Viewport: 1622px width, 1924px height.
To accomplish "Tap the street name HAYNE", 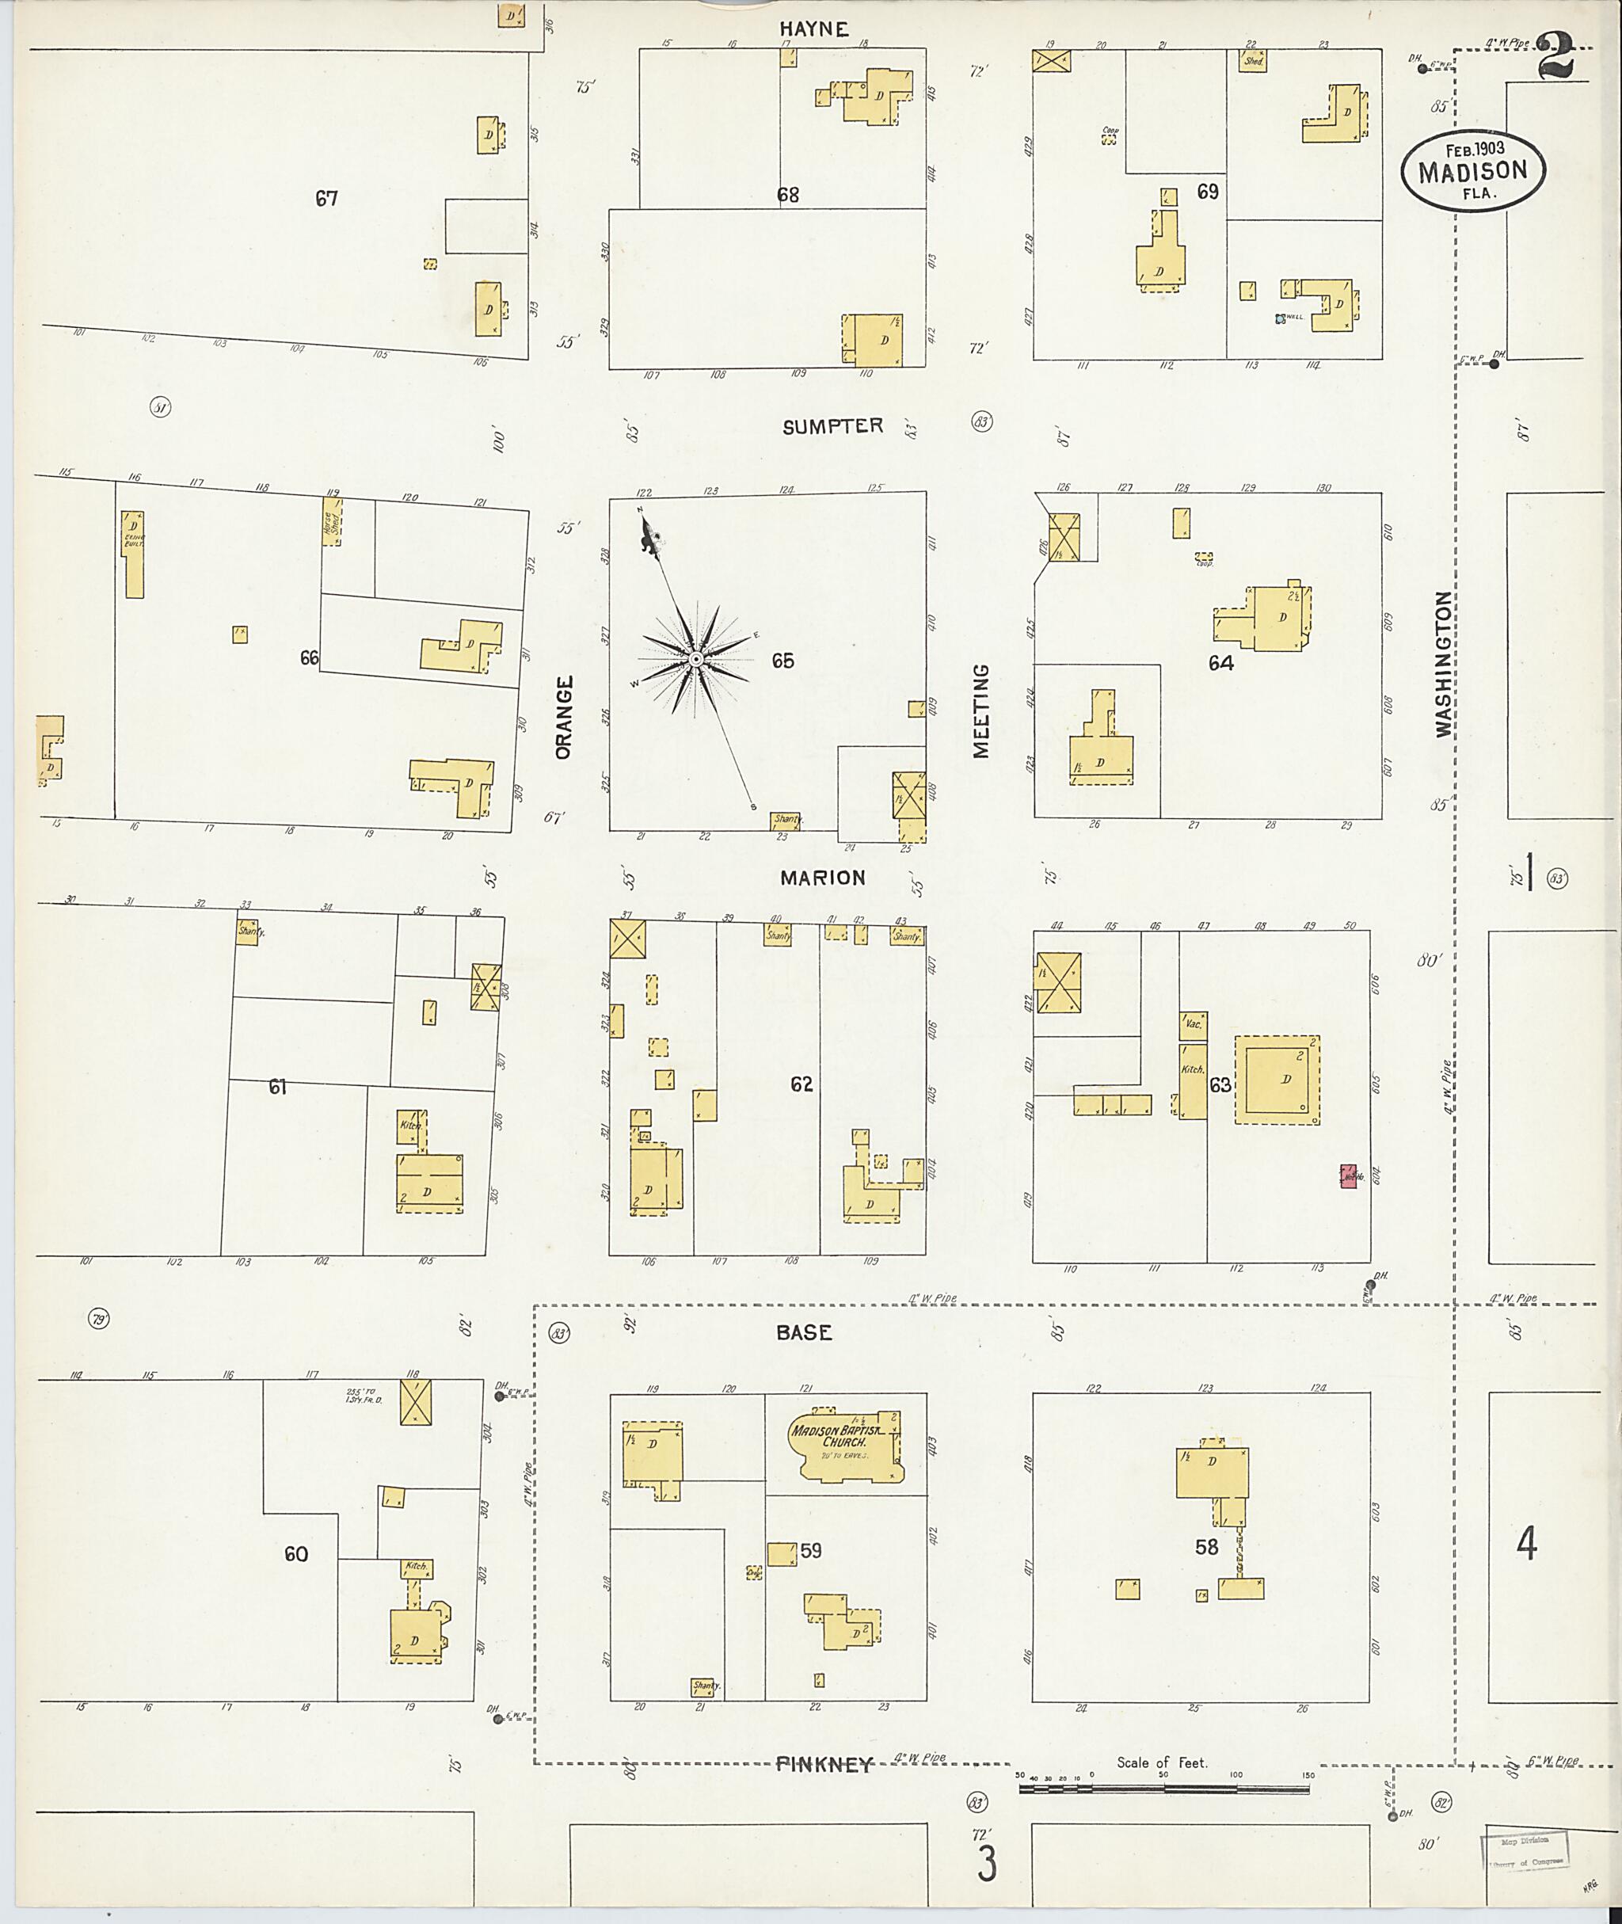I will click(816, 29).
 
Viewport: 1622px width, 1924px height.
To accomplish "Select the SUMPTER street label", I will click(832, 426).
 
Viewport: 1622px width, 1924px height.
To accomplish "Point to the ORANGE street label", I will click(564, 718).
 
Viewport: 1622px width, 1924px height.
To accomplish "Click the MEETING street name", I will click(981, 711).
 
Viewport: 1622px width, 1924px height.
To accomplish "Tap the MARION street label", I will click(823, 878).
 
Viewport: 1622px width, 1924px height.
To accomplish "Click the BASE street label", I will click(804, 1332).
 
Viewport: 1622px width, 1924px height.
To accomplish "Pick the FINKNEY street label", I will click(823, 1764).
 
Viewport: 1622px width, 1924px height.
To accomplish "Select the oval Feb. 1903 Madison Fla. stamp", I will click(1473, 170).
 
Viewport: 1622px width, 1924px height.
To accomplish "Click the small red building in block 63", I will click(1349, 1176).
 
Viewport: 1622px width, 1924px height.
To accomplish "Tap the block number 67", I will click(326, 198).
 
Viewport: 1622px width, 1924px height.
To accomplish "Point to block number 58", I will click(1206, 1547).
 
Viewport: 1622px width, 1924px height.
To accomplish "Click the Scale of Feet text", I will click(1161, 1762).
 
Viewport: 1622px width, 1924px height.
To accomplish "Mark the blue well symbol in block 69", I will click(1279, 318).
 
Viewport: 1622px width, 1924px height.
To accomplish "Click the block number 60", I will click(295, 1553).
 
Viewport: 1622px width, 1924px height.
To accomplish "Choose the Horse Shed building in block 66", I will click(332, 521).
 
